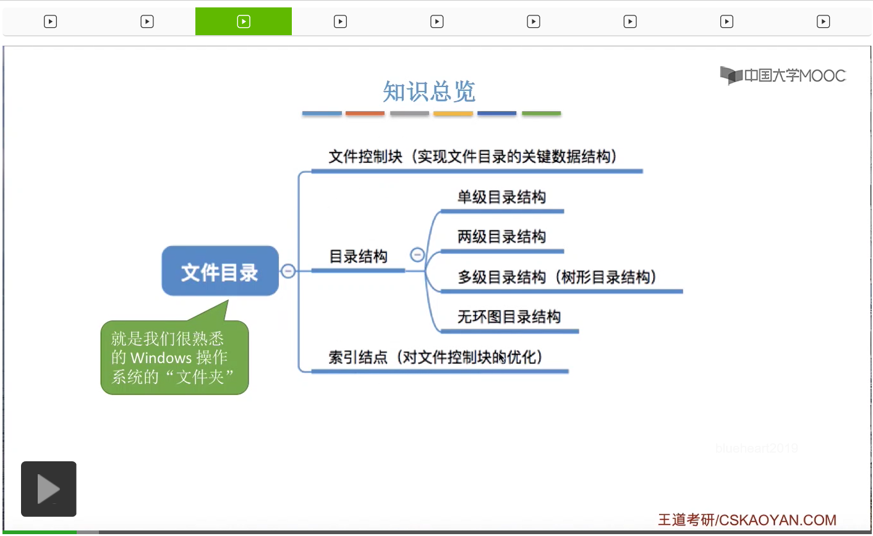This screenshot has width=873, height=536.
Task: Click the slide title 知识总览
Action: (428, 92)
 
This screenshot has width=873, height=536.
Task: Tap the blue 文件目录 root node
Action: (219, 272)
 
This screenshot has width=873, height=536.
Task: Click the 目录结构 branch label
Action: (358, 257)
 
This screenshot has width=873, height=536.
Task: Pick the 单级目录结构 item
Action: (501, 198)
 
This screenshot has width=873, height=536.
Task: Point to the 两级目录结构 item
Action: (501, 237)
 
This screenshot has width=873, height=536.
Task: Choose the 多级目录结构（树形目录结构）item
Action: (556, 277)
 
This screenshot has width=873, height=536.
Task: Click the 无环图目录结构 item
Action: (509, 317)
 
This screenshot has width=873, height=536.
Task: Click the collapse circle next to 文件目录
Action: (288, 270)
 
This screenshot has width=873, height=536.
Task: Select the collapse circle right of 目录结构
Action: (417, 255)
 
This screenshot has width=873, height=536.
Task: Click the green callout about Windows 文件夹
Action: (174, 358)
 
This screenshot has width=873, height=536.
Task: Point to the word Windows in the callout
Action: (161, 358)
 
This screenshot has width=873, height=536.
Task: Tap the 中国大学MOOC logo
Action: (783, 75)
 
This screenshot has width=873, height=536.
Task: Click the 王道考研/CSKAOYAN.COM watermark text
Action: (747, 520)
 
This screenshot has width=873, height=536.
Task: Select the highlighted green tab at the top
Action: (244, 22)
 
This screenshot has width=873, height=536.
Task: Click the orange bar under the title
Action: (365, 114)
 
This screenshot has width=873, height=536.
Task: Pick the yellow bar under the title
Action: (453, 114)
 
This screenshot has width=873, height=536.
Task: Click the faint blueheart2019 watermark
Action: (756, 448)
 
